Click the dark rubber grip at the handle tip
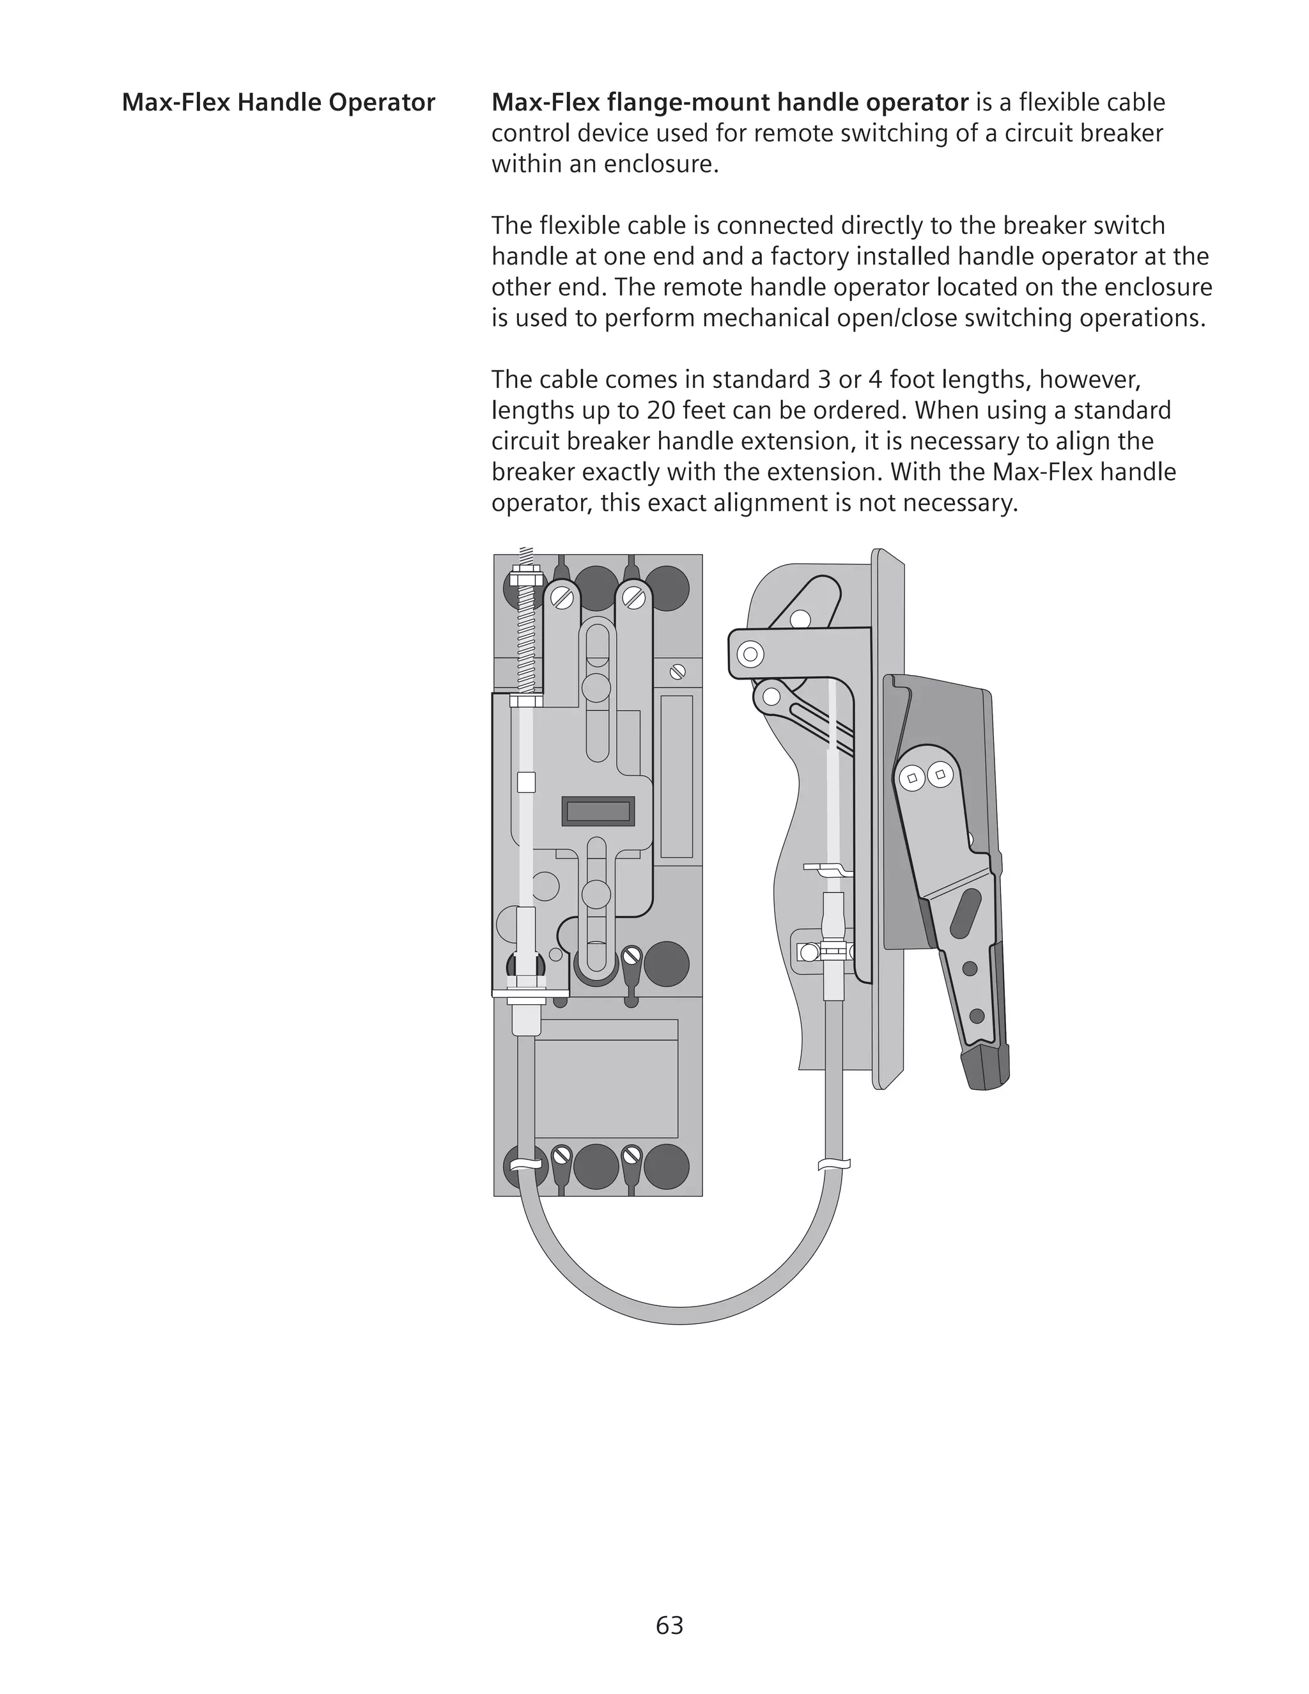point(986,1064)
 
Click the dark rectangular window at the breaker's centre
point(598,811)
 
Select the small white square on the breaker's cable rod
point(526,782)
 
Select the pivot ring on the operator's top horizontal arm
point(749,654)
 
